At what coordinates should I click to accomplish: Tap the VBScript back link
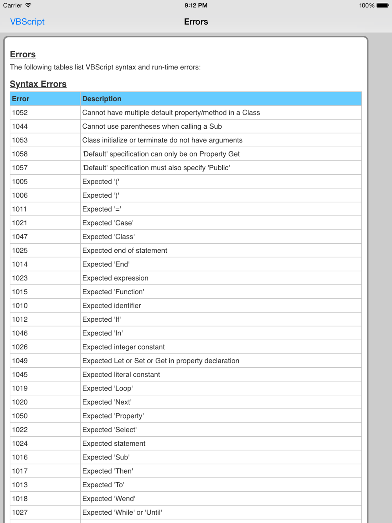point(27,22)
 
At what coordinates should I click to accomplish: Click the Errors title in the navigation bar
point(196,22)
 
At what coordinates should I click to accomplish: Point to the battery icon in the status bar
point(383,5)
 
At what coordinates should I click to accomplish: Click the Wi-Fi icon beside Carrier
point(28,5)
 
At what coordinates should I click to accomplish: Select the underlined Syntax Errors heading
point(38,84)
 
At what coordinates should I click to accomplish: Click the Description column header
point(102,99)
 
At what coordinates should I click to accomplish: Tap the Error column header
point(21,99)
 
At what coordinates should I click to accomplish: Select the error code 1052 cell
point(20,113)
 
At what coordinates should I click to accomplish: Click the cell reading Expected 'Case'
point(108,223)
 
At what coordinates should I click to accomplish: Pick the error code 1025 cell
point(20,250)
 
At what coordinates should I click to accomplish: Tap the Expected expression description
point(115,278)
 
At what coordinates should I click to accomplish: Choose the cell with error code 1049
point(20,361)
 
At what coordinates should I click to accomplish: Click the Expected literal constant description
point(121,375)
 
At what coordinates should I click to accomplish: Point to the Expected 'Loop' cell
point(107,388)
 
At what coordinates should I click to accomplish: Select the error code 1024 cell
point(20,443)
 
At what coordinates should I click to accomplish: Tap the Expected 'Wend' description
point(109,499)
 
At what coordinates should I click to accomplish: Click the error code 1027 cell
point(20,512)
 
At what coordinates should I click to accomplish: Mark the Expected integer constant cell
point(123,347)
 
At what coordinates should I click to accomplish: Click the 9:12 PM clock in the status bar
point(196,5)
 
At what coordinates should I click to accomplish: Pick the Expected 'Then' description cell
point(108,471)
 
